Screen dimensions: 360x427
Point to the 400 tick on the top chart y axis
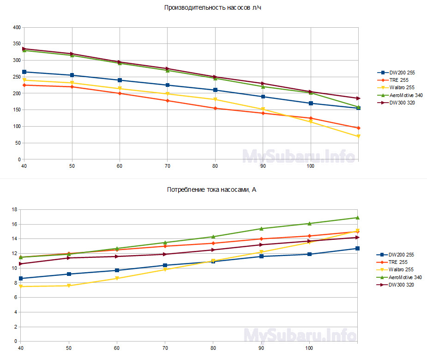[17, 28]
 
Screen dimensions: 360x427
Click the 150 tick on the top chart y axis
[17, 110]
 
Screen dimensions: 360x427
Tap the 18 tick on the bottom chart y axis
[14, 210]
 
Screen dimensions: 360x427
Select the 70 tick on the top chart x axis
[168, 165]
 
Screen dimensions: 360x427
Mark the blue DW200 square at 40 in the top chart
[24, 72]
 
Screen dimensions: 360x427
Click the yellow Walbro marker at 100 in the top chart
[310, 122]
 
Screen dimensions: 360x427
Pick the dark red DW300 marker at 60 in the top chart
[120, 62]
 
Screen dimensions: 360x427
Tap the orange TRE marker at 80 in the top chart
[215, 108]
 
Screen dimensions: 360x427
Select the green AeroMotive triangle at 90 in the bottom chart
[261, 228]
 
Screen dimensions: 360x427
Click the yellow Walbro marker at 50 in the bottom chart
[69, 286]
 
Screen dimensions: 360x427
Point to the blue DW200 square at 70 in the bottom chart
[165, 265]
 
